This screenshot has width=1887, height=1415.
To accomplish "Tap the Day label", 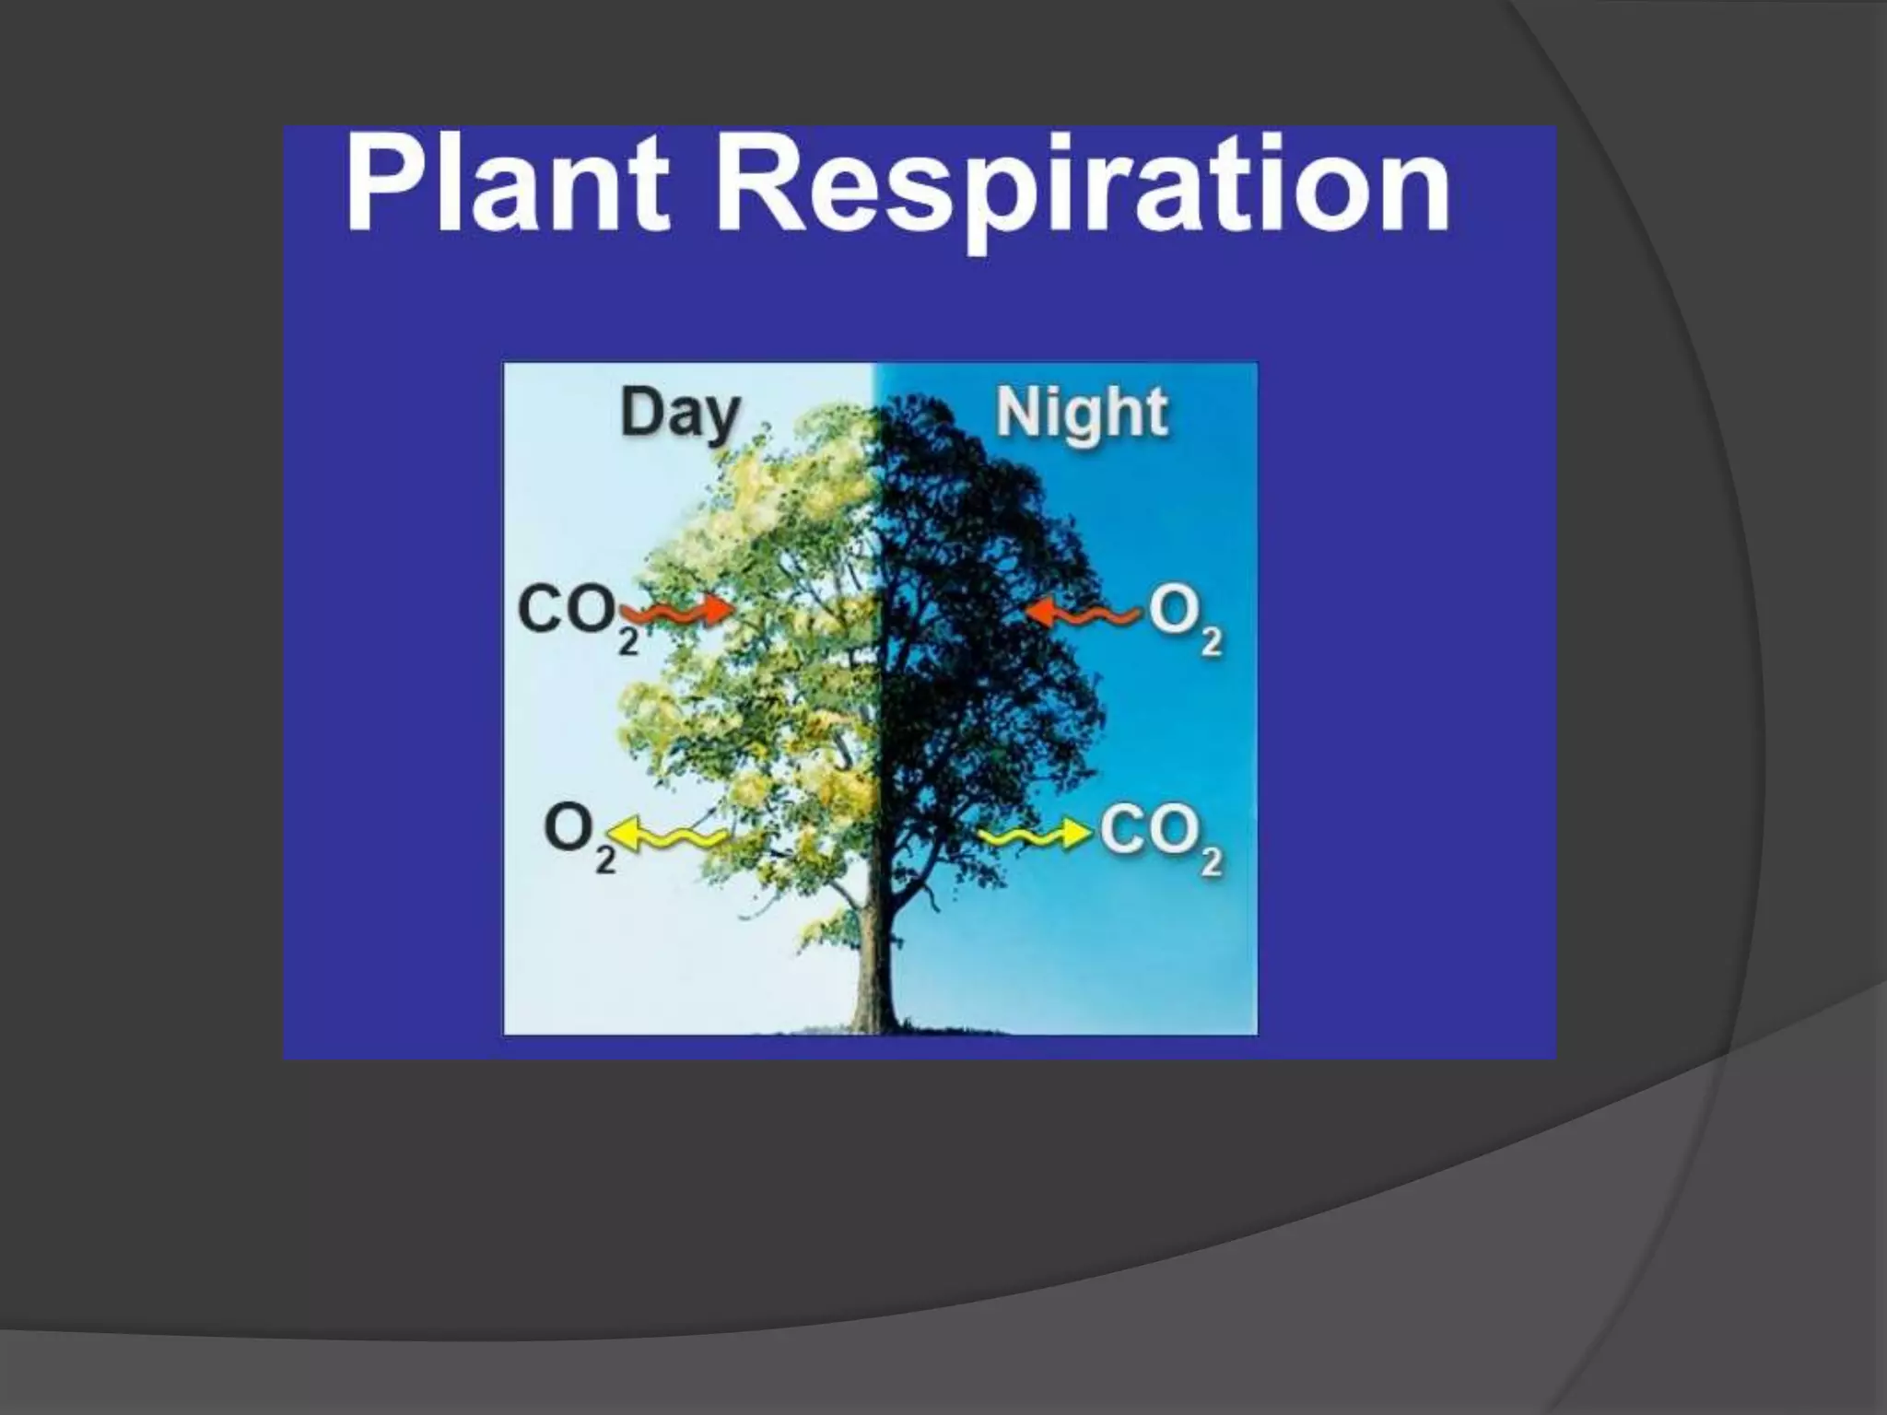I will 680,414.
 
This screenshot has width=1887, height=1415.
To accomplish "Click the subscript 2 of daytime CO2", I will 627,641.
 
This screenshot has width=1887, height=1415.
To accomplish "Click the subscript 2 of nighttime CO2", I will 1211,862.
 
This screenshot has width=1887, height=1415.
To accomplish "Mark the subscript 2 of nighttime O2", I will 1211,641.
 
